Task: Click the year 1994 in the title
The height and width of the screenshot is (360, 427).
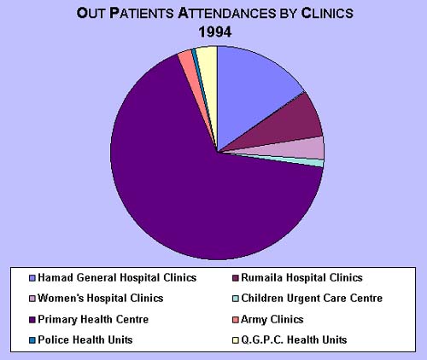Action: (x=215, y=32)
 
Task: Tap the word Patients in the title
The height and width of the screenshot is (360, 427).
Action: (x=142, y=13)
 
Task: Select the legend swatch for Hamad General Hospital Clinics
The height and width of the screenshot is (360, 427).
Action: (x=32, y=278)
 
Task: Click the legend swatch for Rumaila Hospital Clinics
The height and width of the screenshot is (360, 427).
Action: (x=236, y=278)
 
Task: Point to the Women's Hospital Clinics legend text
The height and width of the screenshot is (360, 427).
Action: (x=101, y=299)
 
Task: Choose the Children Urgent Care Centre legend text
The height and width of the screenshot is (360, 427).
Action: (x=312, y=299)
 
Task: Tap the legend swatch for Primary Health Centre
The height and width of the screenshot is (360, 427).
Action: (x=32, y=320)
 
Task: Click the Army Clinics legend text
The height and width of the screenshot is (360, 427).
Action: (x=272, y=320)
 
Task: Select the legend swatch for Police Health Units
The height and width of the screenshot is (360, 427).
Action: (x=32, y=340)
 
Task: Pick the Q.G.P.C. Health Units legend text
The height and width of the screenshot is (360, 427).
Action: (x=294, y=340)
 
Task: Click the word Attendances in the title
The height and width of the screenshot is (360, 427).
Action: (x=227, y=13)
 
